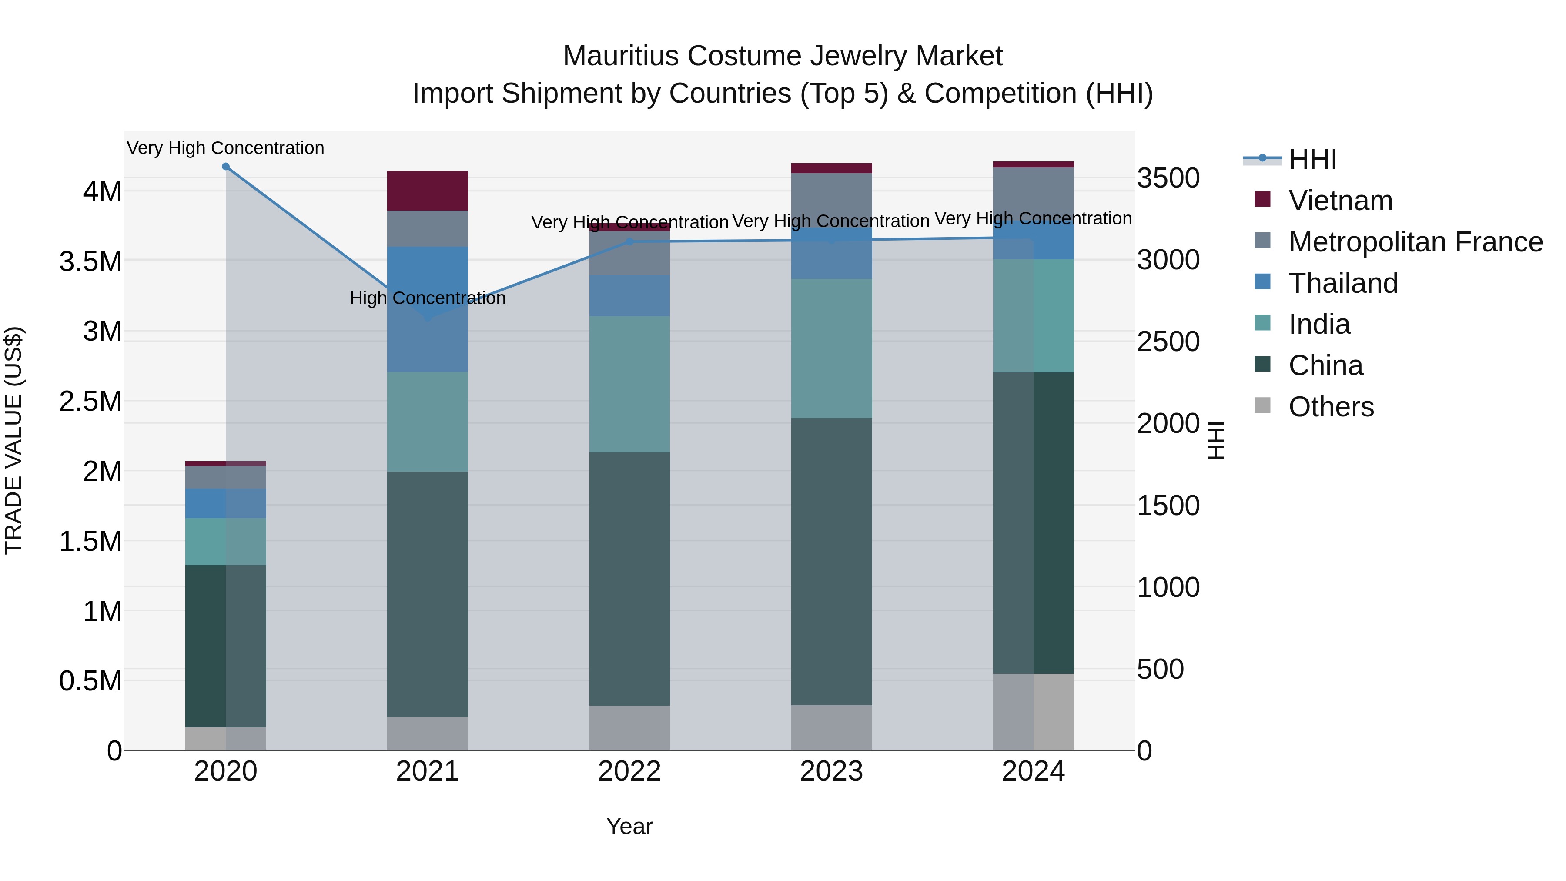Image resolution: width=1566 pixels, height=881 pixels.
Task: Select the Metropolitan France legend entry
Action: click(1415, 242)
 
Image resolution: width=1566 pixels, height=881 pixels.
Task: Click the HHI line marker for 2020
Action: click(225, 167)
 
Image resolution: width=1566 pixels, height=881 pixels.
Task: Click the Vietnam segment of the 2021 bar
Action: click(427, 191)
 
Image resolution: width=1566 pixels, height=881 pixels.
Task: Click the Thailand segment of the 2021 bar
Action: click(427, 309)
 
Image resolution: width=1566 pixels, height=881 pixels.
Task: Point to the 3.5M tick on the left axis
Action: click(90, 261)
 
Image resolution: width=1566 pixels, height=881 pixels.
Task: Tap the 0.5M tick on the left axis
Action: click(90, 681)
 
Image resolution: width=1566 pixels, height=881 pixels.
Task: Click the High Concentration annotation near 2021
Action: click(427, 298)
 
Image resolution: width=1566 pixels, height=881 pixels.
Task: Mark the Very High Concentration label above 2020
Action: click(225, 148)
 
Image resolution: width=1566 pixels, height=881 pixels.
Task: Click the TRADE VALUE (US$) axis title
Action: click(13, 440)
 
